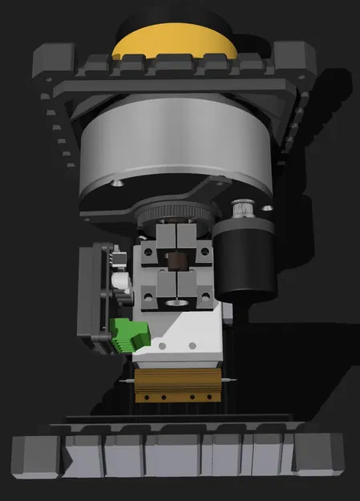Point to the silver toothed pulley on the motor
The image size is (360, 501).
241,210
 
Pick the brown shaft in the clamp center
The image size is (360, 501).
174,262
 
